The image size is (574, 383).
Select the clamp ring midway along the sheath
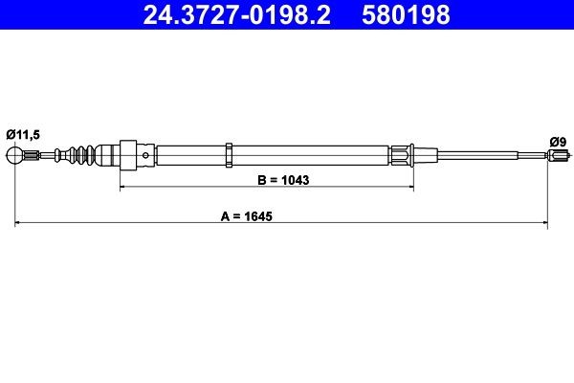click(x=230, y=154)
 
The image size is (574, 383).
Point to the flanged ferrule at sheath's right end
click(x=402, y=154)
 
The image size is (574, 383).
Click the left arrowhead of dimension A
click(x=20, y=225)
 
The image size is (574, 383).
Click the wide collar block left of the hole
click(x=126, y=154)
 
